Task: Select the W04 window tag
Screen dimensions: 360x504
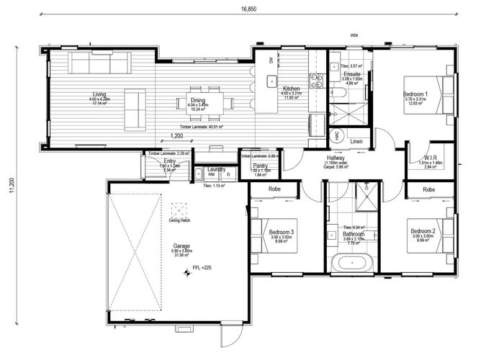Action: point(354,35)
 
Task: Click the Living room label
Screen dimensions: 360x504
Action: point(99,94)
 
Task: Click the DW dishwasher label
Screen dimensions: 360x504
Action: point(271,61)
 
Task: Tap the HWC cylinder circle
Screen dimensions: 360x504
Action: point(336,135)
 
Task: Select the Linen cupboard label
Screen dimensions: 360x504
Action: point(356,142)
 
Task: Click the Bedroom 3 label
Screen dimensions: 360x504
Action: point(282,232)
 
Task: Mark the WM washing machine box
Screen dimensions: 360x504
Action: point(211,174)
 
